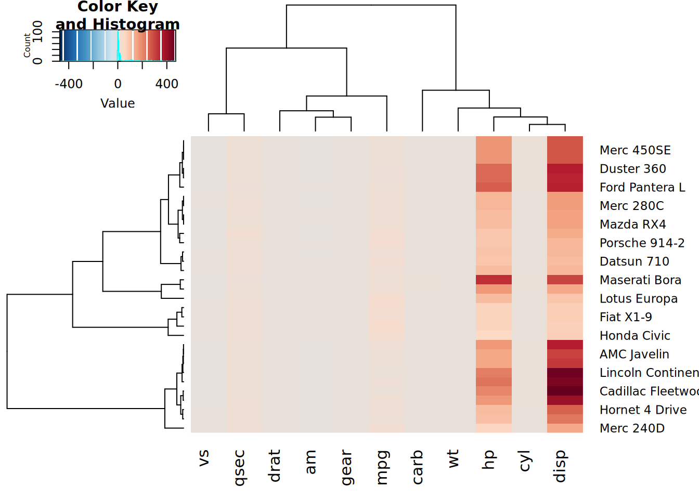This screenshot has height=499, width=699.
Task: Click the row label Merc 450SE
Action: (635, 150)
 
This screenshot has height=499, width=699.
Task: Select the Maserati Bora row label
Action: (640, 280)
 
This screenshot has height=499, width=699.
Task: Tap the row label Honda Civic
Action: (635, 336)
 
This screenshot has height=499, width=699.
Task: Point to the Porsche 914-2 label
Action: (642, 243)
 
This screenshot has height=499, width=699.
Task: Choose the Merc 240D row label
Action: (632, 428)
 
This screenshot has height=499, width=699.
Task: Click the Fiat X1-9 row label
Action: (626, 317)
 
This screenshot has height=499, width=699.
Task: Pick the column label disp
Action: (560, 466)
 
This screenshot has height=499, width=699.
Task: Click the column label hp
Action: (488, 460)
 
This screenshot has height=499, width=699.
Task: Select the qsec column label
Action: (239, 468)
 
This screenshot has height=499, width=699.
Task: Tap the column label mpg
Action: (382, 467)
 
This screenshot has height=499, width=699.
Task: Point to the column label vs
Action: (204, 458)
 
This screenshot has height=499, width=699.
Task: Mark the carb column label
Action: (417, 467)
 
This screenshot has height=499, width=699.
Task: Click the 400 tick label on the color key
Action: (167, 84)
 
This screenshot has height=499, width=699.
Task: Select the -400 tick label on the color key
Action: (69, 84)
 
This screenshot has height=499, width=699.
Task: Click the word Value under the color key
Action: (118, 103)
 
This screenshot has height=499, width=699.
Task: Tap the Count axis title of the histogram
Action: (27, 46)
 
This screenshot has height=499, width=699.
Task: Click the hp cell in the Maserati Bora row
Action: (494, 280)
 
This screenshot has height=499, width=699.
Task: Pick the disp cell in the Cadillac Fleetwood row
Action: (565, 391)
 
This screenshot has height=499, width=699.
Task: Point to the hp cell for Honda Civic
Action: (494, 335)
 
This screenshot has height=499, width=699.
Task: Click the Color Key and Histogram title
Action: (118, 15)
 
